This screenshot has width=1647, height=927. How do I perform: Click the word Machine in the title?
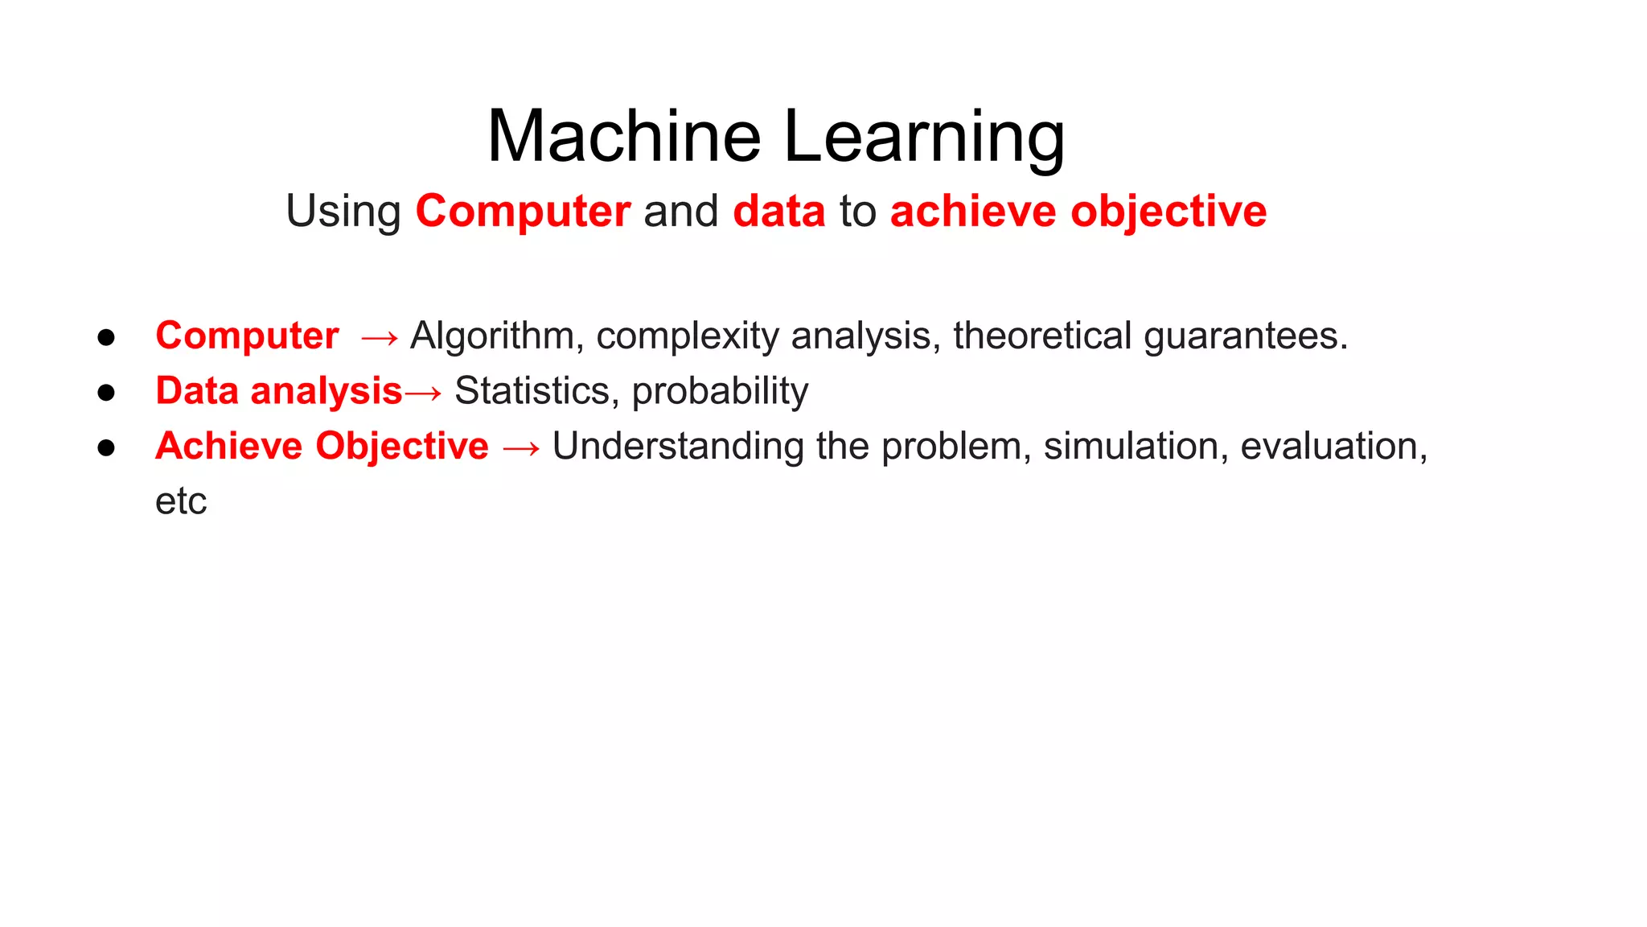point(624,137)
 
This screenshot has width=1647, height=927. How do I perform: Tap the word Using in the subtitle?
point(343,212)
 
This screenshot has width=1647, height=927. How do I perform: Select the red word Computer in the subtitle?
point(523,212)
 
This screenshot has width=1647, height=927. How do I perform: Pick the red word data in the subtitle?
point(779,212)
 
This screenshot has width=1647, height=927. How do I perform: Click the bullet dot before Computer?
point(106,337)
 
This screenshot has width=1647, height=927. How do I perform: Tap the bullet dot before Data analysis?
point(106,393)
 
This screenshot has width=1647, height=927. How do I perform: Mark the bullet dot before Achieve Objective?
point(106,447)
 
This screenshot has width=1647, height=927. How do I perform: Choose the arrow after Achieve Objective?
point(521,448)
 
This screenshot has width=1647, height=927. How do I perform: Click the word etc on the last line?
point(181,502)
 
